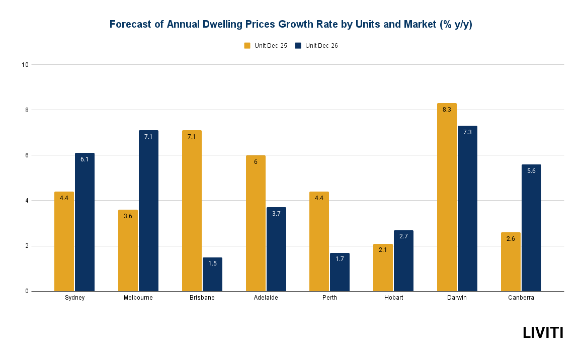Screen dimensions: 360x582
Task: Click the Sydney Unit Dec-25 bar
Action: click(64, 241)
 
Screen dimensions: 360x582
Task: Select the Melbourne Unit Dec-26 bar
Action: click(148, 211)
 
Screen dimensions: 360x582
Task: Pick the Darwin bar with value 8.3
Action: click(447, 197)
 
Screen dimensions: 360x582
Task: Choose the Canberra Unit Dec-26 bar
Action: click(531, 228)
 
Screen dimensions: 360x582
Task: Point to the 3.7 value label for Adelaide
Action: click(276, 214)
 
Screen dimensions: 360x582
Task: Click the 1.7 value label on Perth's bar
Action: click(340, 259)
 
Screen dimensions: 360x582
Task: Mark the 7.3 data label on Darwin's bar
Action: click(467, 132)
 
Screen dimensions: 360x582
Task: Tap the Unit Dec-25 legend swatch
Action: click(247, 46)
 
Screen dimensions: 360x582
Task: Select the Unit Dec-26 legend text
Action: click(321, 46)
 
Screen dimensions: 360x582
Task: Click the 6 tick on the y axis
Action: click(27, 155)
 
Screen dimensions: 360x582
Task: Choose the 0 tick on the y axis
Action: click(27, 291)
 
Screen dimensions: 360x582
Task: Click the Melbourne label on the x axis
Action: click(138, 298)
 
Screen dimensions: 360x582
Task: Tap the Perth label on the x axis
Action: click(329, 298)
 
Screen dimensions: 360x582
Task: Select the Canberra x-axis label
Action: click(521, 298)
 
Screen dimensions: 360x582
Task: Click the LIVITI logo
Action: click(543, 332)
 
